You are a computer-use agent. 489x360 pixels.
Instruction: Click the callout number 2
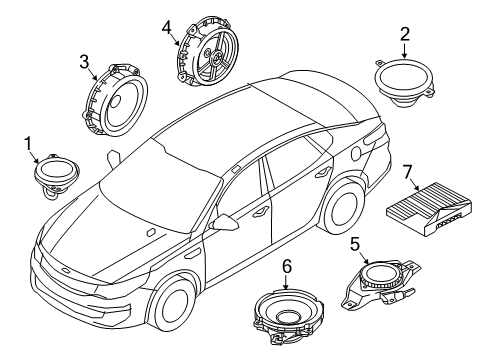(x=404, y=35)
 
